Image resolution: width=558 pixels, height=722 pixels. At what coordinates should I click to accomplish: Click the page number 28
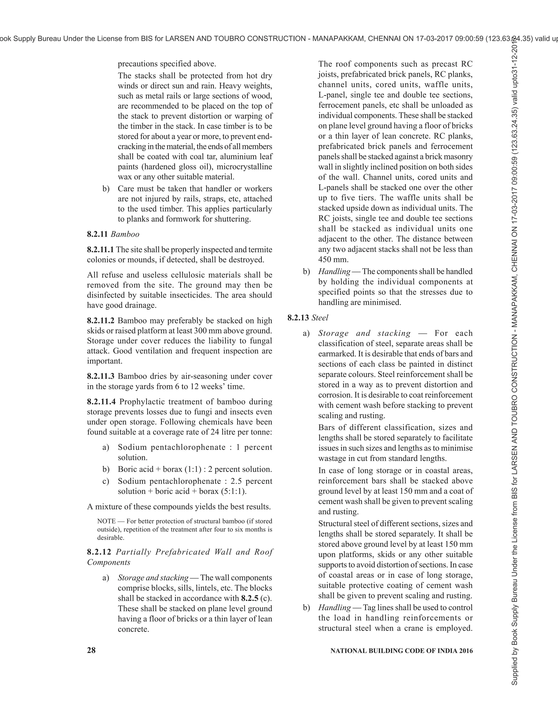[91, 651]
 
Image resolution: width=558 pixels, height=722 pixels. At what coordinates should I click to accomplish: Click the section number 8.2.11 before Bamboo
[98, 234]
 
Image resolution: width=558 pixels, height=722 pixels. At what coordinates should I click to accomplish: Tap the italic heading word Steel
[320, 318]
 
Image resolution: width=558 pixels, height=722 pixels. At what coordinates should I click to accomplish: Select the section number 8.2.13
[298, 318]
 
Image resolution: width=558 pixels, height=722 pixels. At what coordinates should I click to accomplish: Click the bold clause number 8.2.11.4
[101, 402]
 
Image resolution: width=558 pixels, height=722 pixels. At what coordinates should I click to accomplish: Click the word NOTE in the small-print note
[106, 521]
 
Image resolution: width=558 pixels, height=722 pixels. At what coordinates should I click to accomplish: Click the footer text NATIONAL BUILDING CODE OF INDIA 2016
[402, 651]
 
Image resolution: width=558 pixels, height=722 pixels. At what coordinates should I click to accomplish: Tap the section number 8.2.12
[99, 552]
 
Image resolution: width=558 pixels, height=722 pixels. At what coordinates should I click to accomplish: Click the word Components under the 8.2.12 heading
[109, 562]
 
